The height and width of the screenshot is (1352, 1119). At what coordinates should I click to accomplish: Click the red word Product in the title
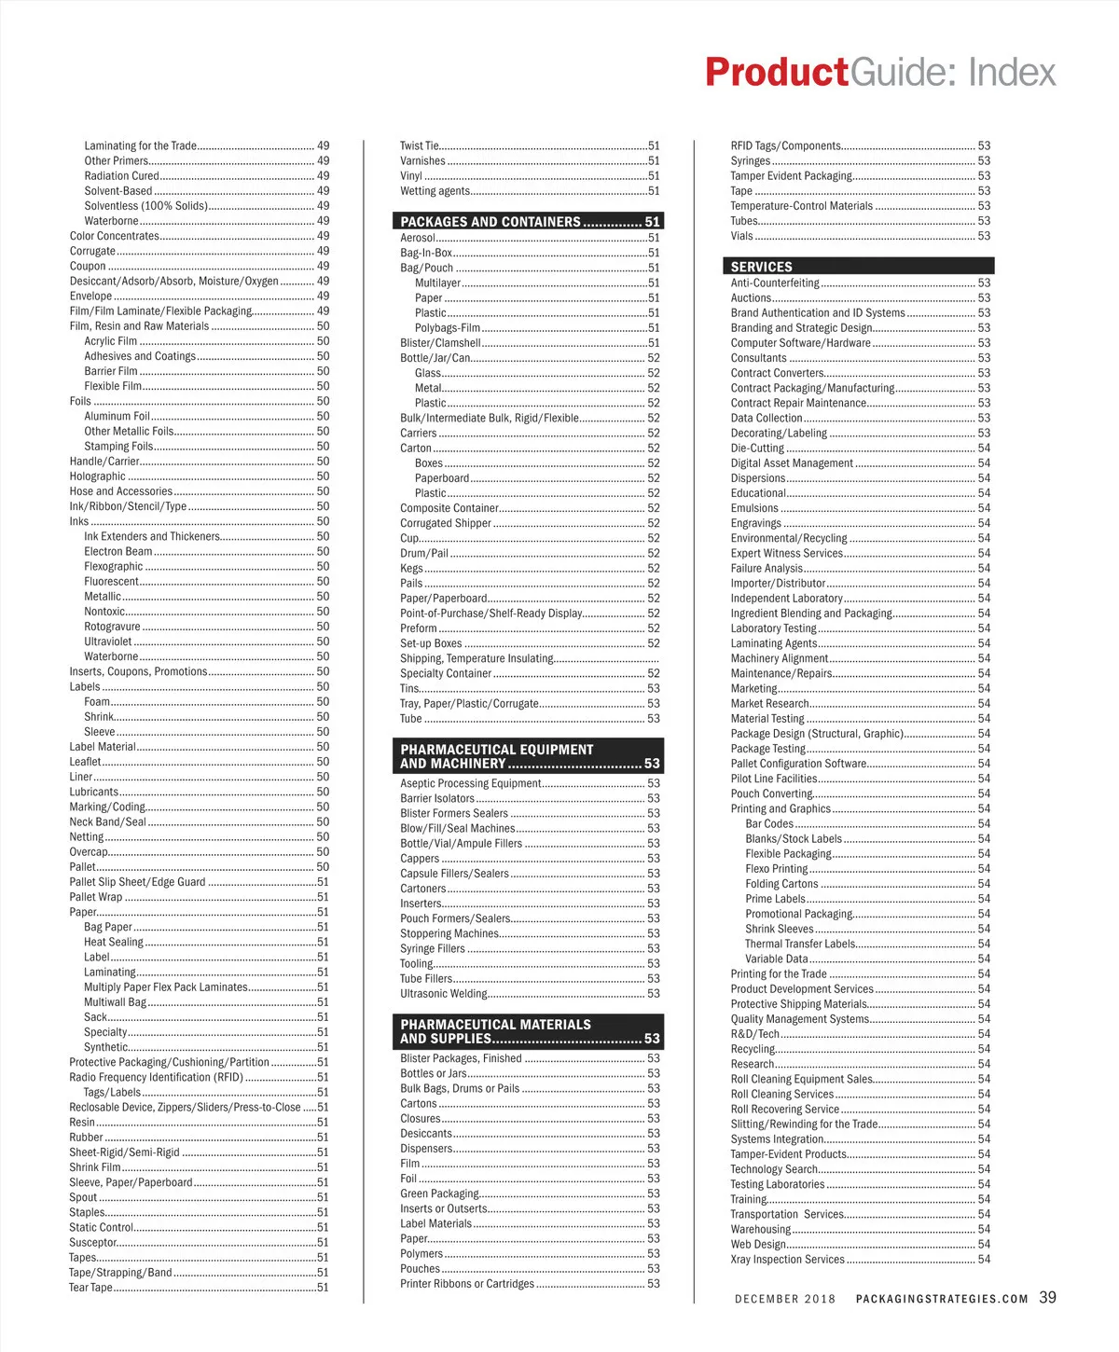click(x=776, y=73)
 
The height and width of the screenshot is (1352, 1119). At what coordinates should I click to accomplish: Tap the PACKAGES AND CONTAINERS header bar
click(x=529, y=222)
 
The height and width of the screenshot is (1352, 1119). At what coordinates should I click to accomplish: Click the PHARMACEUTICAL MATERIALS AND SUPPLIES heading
click(x=529, y=1031)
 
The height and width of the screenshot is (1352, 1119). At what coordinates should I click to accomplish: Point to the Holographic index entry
click(x=98, y=476)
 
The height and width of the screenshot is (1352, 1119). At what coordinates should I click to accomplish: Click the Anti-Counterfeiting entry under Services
click(x=775, y=283)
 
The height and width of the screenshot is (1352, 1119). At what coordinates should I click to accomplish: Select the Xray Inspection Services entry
click(x=787, y=1260)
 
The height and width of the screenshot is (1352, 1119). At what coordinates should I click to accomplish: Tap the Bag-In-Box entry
click(x=426, y=253)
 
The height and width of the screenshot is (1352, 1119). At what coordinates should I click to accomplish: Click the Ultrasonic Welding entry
click(x=444, y=994)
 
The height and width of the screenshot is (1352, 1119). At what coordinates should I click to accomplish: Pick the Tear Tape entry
click(x=90, y=1288)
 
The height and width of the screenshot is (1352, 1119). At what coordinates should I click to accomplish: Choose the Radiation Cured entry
click(x=121, y=176)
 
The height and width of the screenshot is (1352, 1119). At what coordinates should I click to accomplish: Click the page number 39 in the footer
click(x=1047, y=1298)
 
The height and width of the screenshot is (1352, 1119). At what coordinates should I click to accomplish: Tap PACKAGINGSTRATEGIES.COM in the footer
click(x=942, y=1299)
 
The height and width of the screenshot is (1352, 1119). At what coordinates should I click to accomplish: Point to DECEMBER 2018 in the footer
click(x=785, y=1299)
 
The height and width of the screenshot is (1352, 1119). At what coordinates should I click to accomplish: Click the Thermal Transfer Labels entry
click(x=800, y=944)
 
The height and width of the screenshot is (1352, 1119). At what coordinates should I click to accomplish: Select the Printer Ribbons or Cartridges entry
click(x=467, y=1284)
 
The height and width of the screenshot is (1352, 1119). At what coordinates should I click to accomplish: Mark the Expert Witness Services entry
click(x=786, y=553)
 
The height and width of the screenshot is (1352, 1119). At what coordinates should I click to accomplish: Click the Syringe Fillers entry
click(x=433, y=948)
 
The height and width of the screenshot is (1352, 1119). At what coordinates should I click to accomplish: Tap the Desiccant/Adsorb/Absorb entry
click(x=173, y=282)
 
